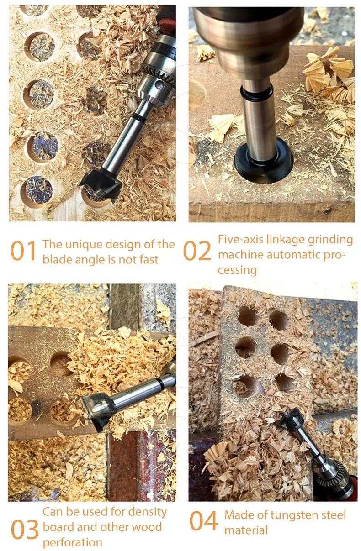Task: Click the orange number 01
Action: click(x=23, y=251)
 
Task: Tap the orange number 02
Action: click(x=197, y=251)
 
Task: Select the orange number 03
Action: click(x=25, y=529)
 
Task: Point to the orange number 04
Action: click(x=204, y=520)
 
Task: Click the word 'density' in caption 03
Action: click(x=147, y=512)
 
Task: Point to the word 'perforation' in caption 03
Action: click(x=72, y=542)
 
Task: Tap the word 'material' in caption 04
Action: click(x=246, y=530)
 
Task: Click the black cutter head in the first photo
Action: click(x=101, y=183)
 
